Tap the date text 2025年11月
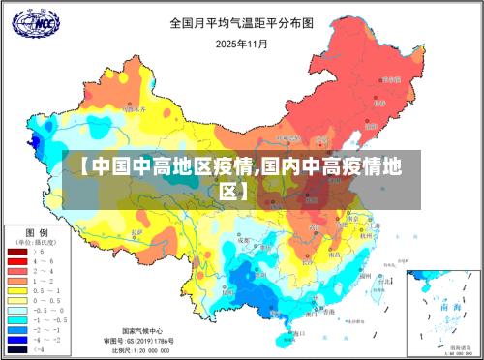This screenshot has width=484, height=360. tap(241, 44)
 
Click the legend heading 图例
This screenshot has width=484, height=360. tap(37, 232)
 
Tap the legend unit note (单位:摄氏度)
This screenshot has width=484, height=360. tap(38, 241)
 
